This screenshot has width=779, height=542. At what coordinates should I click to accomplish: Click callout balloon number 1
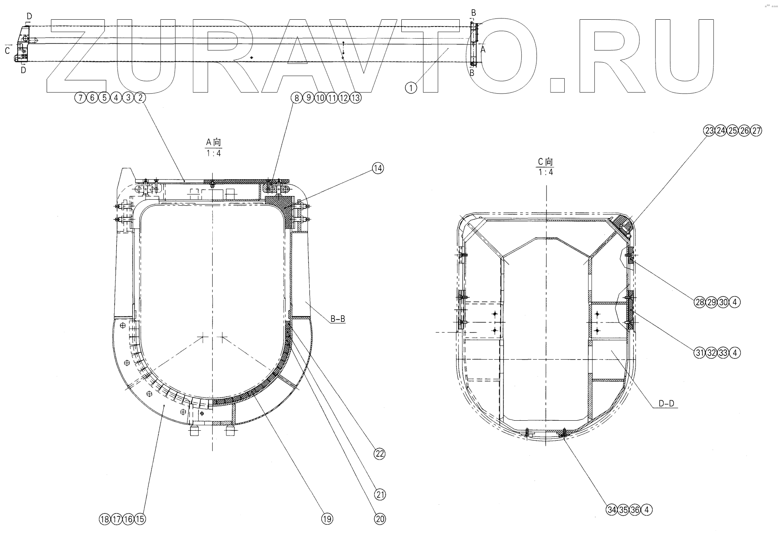point(411,88)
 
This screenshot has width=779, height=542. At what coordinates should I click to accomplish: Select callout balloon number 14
point(378,168)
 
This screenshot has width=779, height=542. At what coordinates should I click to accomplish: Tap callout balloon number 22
point(379,454)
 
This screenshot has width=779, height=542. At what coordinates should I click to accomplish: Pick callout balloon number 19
point(327,519)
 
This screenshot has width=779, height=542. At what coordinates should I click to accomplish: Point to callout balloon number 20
point(380,519)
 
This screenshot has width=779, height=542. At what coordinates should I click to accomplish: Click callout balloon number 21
point(380,495)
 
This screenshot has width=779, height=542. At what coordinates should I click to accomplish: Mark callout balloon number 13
point(356,98)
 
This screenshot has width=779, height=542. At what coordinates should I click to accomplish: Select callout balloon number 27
point(756,131)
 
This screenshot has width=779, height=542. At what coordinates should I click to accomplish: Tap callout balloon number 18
point(105,519)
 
